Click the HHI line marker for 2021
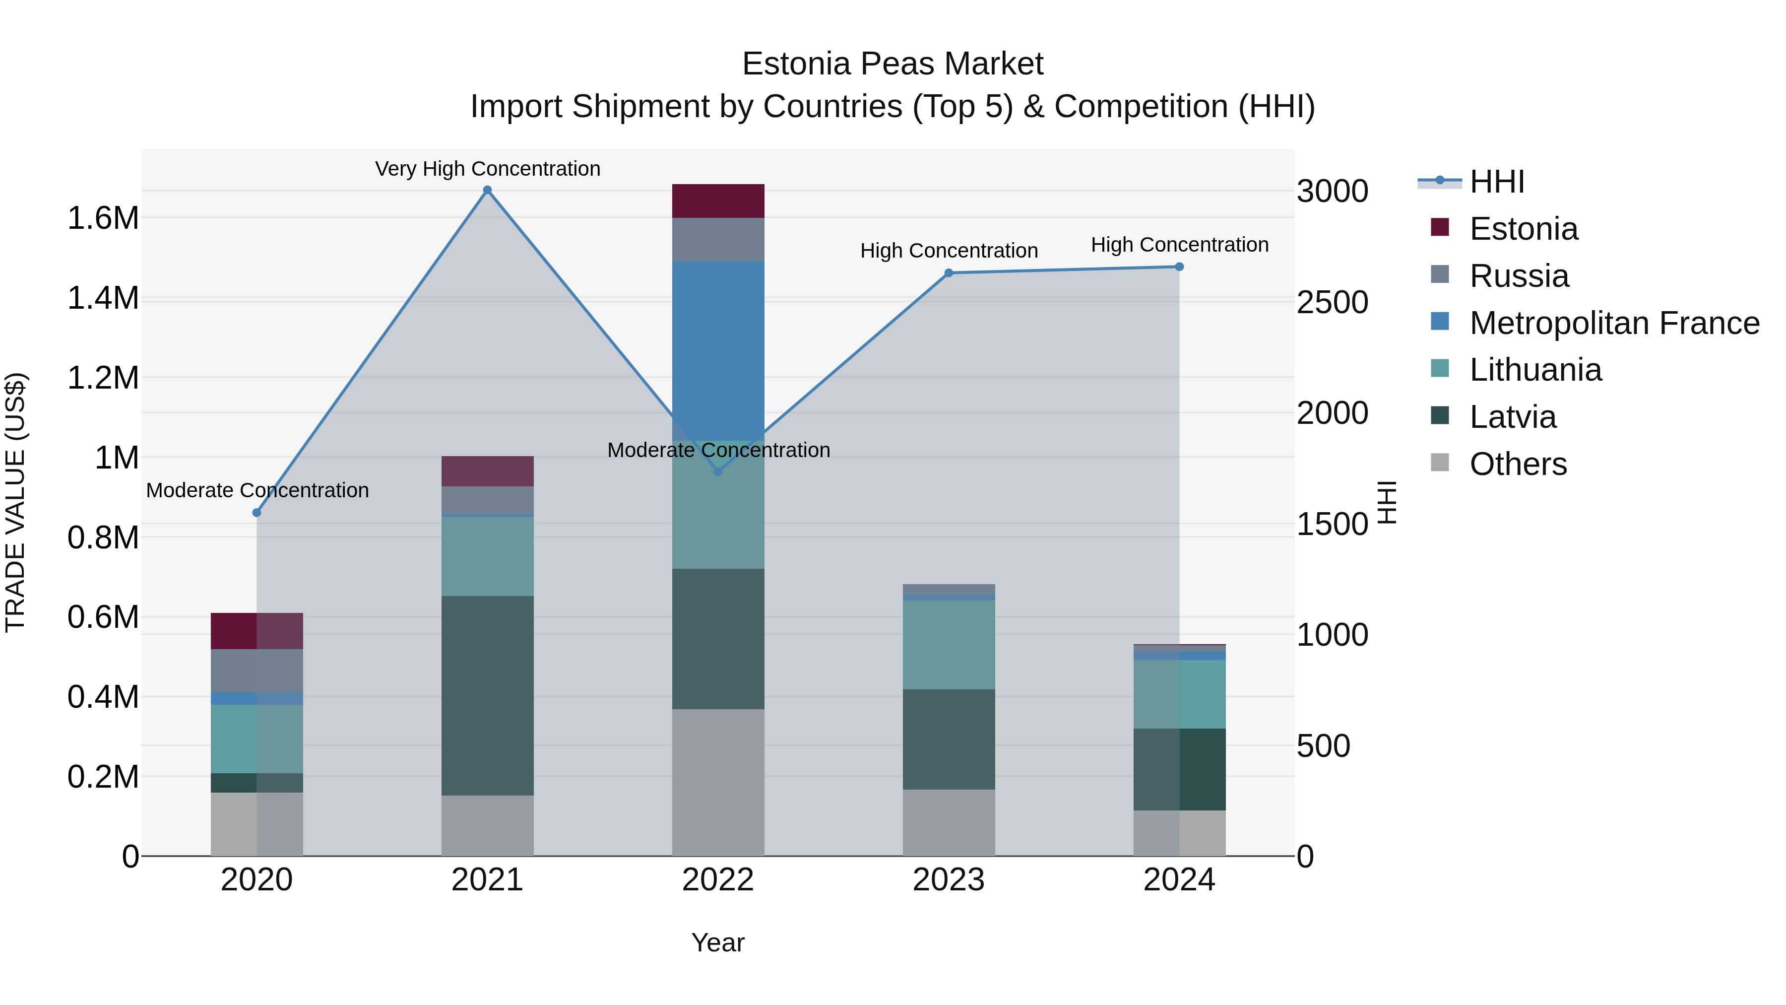tap(487, 190)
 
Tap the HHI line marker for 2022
tap(718, 471)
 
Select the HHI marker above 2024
tap(1179, 267)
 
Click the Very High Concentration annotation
tap(487, 169)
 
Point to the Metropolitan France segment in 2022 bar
tap(718, 347)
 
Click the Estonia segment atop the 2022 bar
tap(718, 201)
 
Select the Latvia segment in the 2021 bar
tap(487, 694)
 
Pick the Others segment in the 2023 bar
tap(949, 822)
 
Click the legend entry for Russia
tap(1519, 276)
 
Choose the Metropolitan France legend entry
tap(1614, 323)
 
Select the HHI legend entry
tap(1496, 182)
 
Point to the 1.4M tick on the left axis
tap(103, 298)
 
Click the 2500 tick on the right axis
tap(1332, 302)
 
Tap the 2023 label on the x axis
tap(949, 880)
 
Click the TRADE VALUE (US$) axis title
tap(16, 502)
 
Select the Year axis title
tap(717, 942)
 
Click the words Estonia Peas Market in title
tap(893, 64)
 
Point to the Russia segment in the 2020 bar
tap(256, 670)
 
